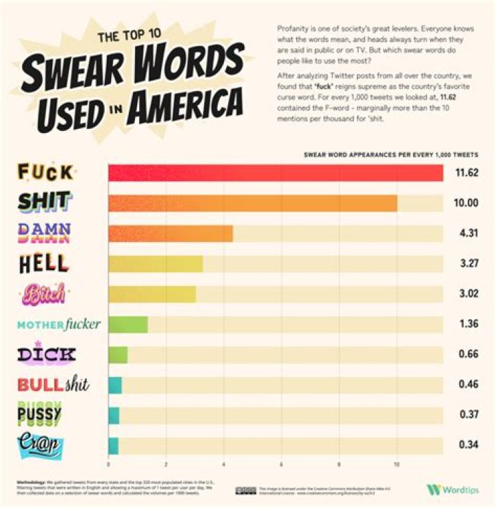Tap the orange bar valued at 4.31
pyautogui.click(x=170, y=233)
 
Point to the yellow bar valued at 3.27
pyautogui.click(x=155, y=264)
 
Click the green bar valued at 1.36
pyautogui.click(x=128, y=324)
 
